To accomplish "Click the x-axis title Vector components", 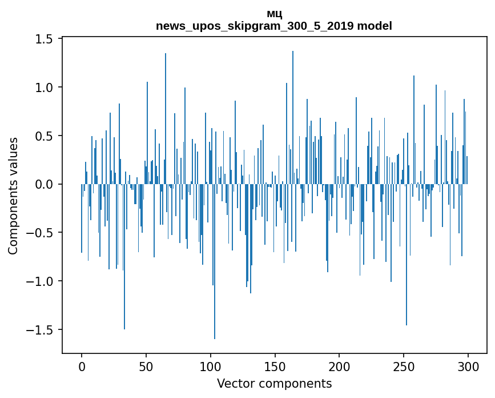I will [x=274, y=383].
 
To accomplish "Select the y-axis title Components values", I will [x=13, y=196].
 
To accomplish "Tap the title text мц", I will [x=274, y=14].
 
